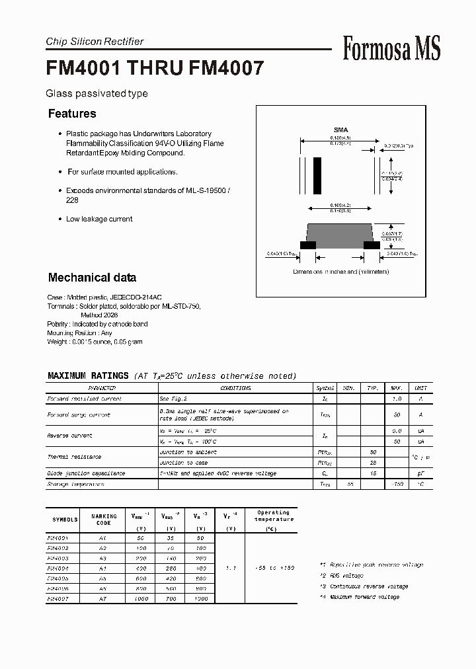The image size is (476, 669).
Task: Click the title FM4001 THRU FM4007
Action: pyautogui.click(x=155, y=69)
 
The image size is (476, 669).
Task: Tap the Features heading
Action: pyautogui.click(x=72, y=114)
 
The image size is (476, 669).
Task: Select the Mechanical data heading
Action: pyautogui.click(x=92, y=278)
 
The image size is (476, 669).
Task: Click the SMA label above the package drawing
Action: pyautogui.click(x=340, y=130)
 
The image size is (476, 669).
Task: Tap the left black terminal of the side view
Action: pyautogui.click(x=307, y=245)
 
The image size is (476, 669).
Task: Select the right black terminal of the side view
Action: pyautogui.click(x=372, y=245)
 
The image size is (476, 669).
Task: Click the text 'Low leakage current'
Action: pyautogui.click(x=99, y=219)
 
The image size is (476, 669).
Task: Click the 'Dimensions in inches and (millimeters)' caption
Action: pyautogui.click(x=341, y=272)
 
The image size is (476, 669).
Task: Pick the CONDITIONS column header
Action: pyautogui.click(x=235, y=388)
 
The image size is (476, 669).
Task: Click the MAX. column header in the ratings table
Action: pyautogui.click(x=397, y=388)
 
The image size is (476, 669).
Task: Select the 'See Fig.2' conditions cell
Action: pyautogui.click(x=173, y=399)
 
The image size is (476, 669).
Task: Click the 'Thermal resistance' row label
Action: pyautogui.click(x=74, y=457)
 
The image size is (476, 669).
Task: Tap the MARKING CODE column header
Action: pyautogui.click(x=104, y=519)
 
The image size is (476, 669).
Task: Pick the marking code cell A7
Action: pyautogui.click(x=104, y=598)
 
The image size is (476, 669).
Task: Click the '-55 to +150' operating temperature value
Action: pyautogui.click(x=273, y=568)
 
